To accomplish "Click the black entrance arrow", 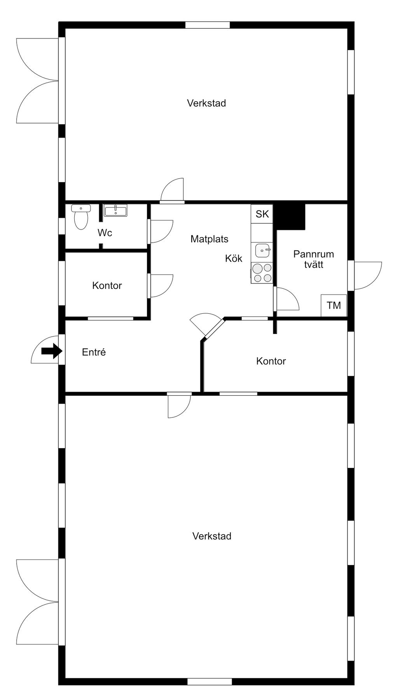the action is [x=52, y=351].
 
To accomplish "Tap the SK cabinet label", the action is [x=262, y=214].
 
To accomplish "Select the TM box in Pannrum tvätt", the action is [x=334, y=306].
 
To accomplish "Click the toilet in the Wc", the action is [x=81, y=217].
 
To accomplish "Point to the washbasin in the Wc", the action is [x=115, y=210].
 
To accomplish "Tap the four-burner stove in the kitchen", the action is [x=262, y=273].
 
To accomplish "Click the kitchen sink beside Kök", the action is [x=263, y=250].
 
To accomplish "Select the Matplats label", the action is [x=209, y=239].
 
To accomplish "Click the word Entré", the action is [x=94, y=352].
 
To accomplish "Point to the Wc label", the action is [x=105, y=233].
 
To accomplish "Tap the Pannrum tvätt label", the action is [x=314, y=259].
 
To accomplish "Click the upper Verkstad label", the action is [x=206, y=103].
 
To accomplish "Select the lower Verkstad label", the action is [x=212, y=536].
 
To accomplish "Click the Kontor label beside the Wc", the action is [x=107, y=286].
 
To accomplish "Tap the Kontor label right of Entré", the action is [x=271, y=361].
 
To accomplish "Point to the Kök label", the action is [x=234, y=259].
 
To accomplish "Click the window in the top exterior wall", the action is [x=208, y=25].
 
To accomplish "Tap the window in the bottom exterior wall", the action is [x=210, y=682].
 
